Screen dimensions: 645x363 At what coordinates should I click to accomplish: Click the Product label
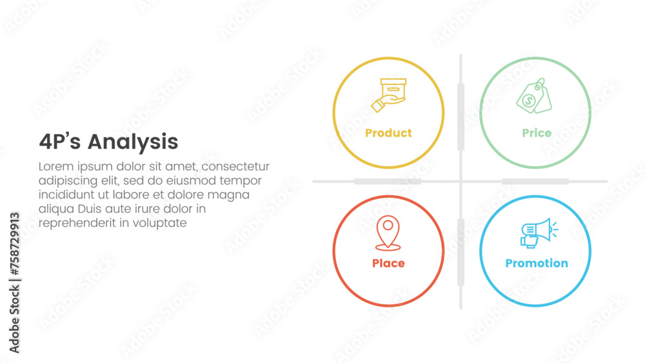388,133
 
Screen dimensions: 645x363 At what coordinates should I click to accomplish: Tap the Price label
537,133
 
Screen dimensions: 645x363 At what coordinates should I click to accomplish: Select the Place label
388,263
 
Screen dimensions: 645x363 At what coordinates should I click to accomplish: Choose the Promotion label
537,263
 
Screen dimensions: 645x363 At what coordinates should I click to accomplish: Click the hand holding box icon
389,95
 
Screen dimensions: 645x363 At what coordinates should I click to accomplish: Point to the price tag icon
534,96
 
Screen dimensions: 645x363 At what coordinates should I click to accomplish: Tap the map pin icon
388,233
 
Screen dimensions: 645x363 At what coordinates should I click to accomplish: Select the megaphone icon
539,233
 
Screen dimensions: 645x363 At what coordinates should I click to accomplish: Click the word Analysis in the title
133,142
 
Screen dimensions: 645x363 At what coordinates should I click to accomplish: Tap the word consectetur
235,166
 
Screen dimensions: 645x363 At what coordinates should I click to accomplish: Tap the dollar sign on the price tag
529,100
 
